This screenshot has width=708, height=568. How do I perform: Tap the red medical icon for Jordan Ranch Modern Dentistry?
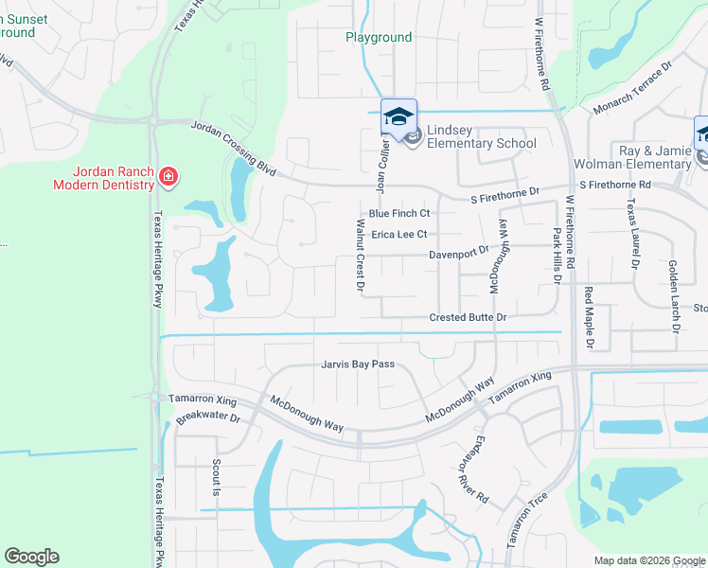point(168,176)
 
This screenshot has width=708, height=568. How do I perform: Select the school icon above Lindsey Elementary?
point(398,116)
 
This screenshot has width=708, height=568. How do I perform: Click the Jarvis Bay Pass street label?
point(357,364)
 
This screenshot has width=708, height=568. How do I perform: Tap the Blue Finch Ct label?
point(399,214)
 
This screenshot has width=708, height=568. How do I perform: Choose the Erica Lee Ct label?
point(399,234)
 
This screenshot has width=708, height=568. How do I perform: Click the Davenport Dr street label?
point(457,253)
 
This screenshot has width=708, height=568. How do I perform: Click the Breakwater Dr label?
point(209,417)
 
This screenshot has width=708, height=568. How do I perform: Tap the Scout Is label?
point(216,478)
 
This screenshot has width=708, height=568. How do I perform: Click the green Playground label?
point(378,38)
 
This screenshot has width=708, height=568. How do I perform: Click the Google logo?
point(31,557)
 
